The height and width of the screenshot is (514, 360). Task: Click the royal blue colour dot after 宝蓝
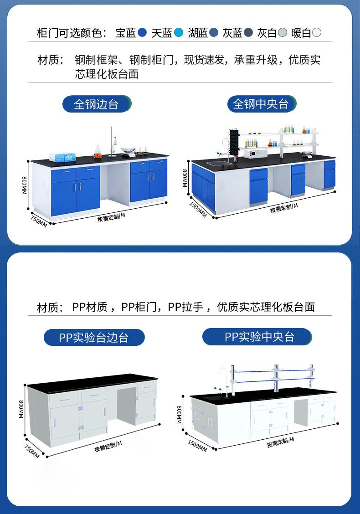(x=142, y=33)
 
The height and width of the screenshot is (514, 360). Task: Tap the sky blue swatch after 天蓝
(x=179, y=33)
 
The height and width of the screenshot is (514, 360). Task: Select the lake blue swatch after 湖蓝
(x=214, y=33)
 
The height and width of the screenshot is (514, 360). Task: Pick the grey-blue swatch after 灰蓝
(x=248, y=33)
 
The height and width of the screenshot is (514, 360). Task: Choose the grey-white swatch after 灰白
(x=283, y=33)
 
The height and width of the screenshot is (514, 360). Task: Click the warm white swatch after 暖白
(x=317, y=33)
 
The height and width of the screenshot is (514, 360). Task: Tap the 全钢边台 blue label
(x=96, y=104)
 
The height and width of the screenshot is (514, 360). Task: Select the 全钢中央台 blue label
(x=261, y=104)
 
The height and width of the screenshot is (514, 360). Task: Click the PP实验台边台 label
(x=94, y=338)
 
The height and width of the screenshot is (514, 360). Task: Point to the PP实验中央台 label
(x=257, y=337)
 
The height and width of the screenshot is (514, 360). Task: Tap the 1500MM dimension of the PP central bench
(x=197, y=445)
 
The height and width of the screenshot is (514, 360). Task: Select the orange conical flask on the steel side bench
(x=98, y=152)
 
